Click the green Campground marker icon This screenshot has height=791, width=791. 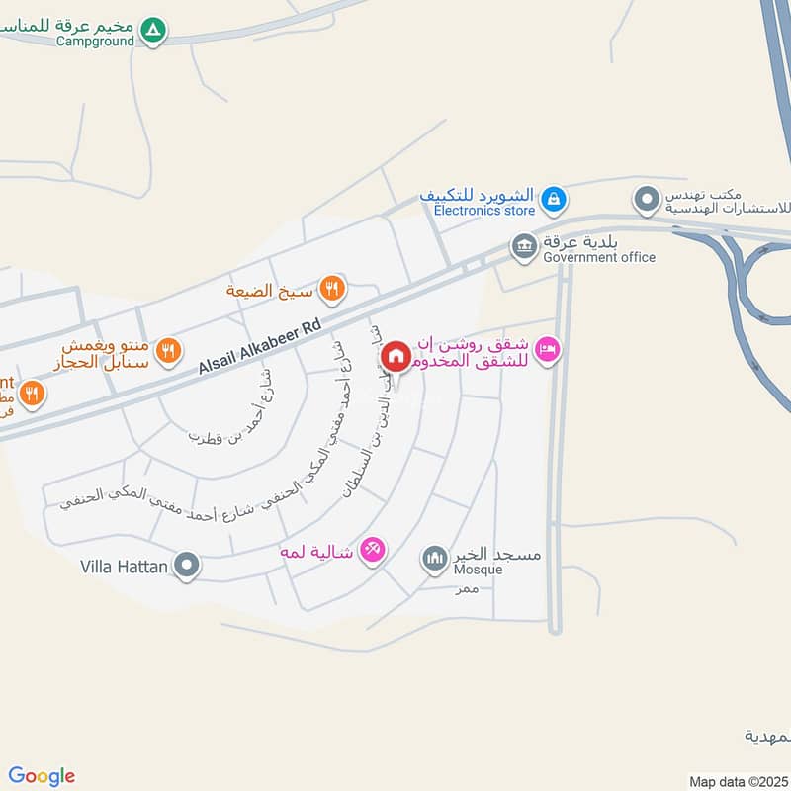click(152, 31)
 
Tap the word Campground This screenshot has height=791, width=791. click(96, 42)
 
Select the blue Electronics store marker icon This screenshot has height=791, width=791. click(554, 200)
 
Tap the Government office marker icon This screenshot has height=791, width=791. click(523, 244)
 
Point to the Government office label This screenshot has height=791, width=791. click(599, 257)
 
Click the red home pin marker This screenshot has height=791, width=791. click(395, 356)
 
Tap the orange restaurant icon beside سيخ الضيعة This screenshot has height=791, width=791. click(333, 289)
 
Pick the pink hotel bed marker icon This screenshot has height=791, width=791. click(549, 348)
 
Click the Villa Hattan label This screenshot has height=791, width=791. click(125, 568)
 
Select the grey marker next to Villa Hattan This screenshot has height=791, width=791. click(187, 567)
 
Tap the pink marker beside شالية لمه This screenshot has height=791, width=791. click(372, 549)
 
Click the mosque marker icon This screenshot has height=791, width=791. click(434, 560)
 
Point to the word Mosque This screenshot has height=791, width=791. click(479, 570)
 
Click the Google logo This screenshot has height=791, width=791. click(42, 776)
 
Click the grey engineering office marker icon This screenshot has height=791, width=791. click(647, 200)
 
